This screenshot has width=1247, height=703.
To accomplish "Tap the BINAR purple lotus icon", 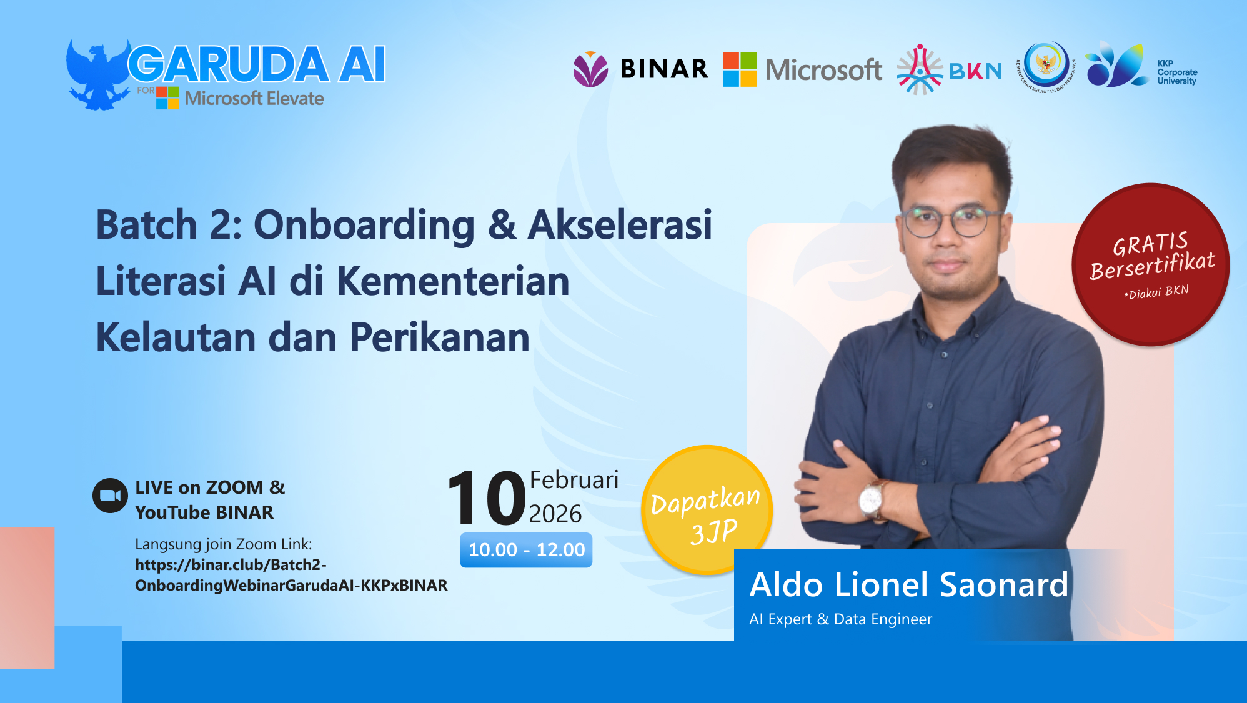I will [x=590, y=69].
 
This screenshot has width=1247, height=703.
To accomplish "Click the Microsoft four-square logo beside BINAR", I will [x=740, y=69].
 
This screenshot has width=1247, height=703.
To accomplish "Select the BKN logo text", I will [x=975, y=71].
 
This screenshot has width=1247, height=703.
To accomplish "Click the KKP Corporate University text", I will [x=1176, y=72].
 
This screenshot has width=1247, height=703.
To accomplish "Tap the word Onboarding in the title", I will [x=364, y=225].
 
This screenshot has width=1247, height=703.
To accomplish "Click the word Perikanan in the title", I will [x=439, y=337].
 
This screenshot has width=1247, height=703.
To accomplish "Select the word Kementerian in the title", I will [x=453, y=281].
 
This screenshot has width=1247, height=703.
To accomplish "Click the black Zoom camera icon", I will [x=110, y=496].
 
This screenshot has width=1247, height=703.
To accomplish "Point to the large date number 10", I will [x=487, y=498].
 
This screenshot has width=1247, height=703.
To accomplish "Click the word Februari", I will [x=574, y=480].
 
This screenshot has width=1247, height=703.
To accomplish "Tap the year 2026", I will [x=555, y=514].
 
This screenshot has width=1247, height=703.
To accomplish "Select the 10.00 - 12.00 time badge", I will [x=526, y=550].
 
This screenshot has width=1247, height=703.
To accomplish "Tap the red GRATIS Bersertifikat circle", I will [x=1151, y=264].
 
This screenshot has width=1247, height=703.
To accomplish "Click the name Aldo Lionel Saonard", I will [x=908, y=585].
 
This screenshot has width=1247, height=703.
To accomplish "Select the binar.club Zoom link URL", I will [x=291, y=575].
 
